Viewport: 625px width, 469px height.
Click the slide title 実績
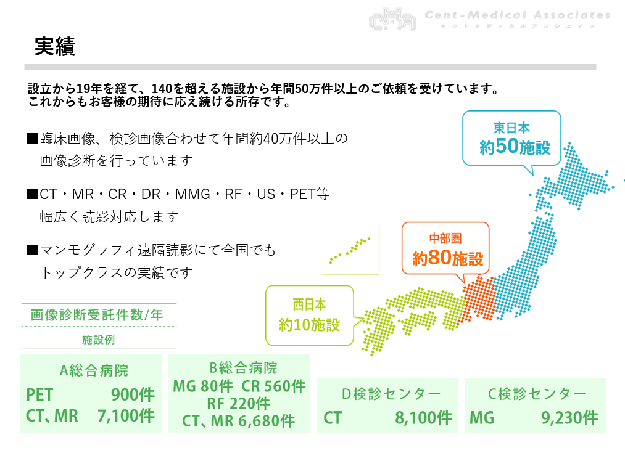pos(55,47)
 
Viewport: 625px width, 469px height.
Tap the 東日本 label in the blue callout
pos(511,128)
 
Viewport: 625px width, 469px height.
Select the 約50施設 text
pos(515,147)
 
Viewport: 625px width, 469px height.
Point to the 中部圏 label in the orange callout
pos(445,239)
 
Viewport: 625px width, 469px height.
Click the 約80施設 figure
pos(448,258)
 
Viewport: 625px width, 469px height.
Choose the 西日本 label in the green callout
pos(309,304)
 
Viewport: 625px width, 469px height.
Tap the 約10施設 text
pos(309,325)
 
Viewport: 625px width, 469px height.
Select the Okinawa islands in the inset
pos(350,250)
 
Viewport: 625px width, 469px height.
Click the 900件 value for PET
pos(133,395)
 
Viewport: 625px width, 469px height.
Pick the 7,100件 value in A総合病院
pos(126,416)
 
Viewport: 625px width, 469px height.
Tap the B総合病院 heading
pos(243,368)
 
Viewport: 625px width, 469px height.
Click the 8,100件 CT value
pos(424,418)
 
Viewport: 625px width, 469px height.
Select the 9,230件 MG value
pos(569,418)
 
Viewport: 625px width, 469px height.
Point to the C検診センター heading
pos(537,394)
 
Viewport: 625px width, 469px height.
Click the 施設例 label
pos(99,340)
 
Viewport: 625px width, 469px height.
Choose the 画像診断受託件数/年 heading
pos(97,315)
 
